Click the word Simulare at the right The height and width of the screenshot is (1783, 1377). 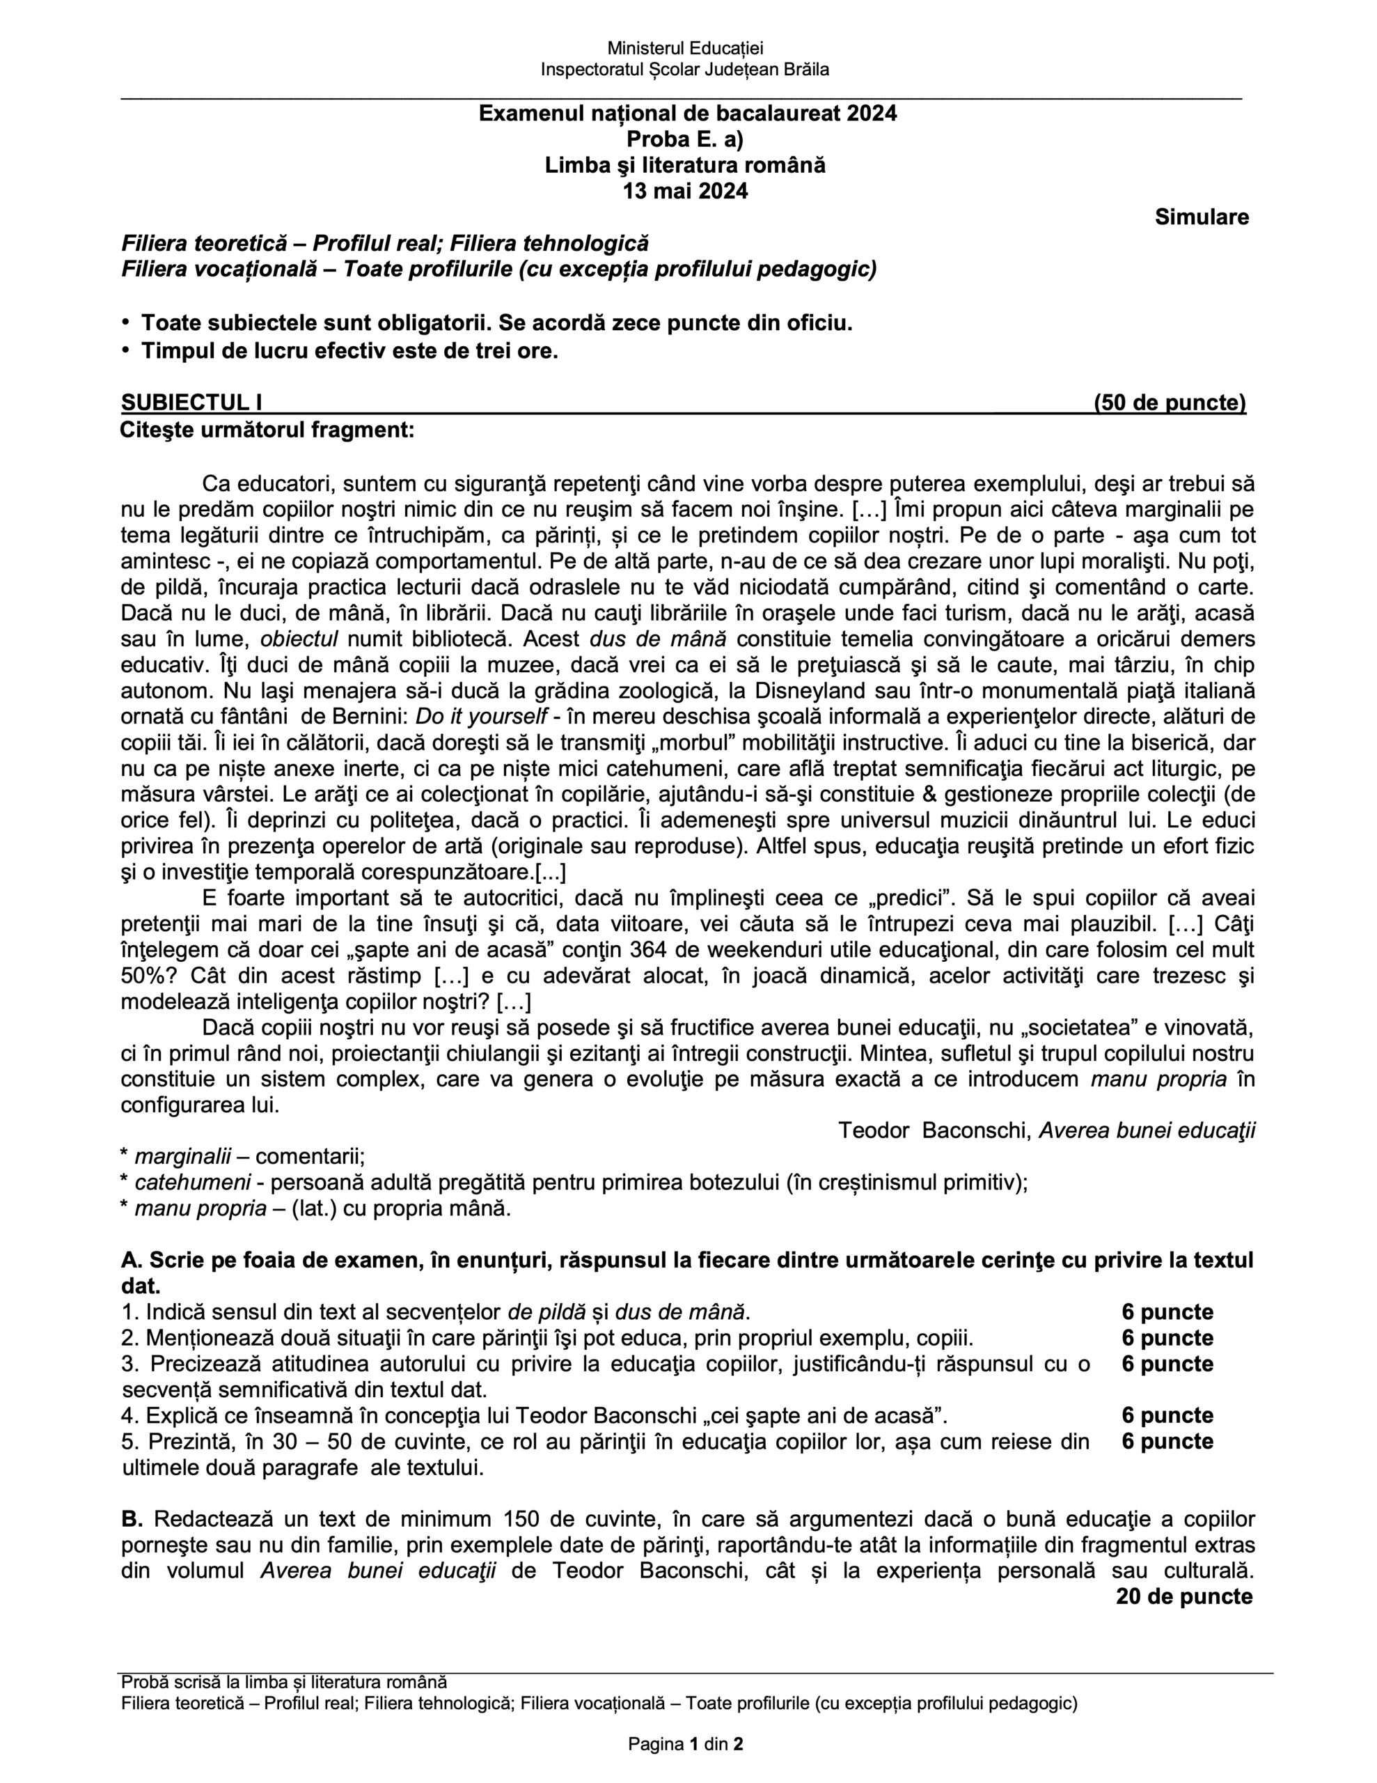[x=1201, y=217]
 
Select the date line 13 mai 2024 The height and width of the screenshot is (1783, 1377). [x=685, y=192]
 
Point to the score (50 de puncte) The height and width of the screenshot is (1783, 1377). [x=1170, y=403]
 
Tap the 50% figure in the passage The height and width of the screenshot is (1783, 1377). [x=141, y=976]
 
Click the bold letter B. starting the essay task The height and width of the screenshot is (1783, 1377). [x=132, y=1519]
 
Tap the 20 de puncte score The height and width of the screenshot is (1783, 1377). [x=1183, y=1597]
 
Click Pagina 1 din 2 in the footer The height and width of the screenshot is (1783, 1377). [x=685, y=1745]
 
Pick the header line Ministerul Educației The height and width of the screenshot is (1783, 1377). [x=685, y=49]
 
